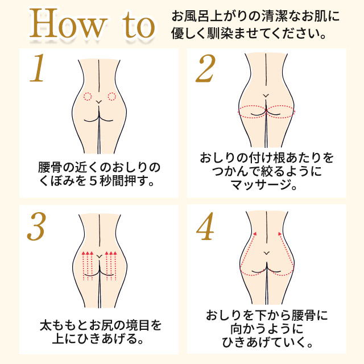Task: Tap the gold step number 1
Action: (x=38, y=69)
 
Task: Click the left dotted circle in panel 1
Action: (x=88, y=96)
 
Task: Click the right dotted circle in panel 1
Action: (x=112, y=96)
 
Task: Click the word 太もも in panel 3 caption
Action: (x=57, y=326)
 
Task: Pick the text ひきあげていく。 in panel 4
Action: (x=266, y=342)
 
